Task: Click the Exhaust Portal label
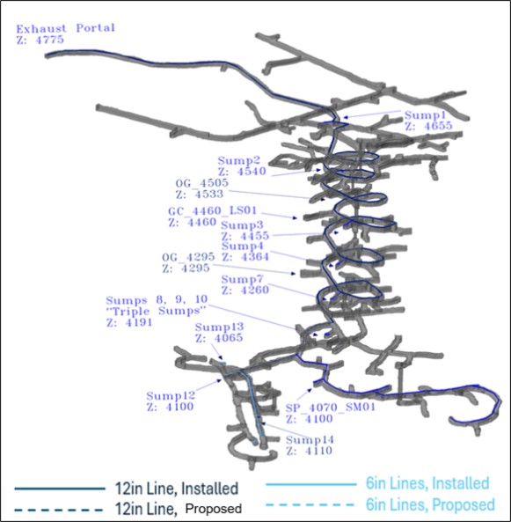click(66, 28)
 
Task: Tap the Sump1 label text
click(425, 115)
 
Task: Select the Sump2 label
click(239, 160)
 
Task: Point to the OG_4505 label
click(202, 183)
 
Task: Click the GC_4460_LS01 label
click(212, 210)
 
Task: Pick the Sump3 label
click(242, 225)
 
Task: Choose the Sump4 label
click(242, 246)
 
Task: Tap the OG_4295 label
click(188, 257)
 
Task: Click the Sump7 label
click(242, 279)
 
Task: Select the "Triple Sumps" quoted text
click(157, 312)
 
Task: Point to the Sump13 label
click(219, 327)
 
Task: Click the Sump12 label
click(171, 396)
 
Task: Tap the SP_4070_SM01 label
click(331, 408)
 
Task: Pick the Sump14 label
click(310, 440)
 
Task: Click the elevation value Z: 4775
click(40, 40)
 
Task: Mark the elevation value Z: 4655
click(429, 126)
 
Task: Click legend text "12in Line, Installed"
click(177, 489)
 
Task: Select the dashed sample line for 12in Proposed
click(59, 510)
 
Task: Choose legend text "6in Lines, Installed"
click(427, 483)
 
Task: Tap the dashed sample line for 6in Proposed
click(310, 505)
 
